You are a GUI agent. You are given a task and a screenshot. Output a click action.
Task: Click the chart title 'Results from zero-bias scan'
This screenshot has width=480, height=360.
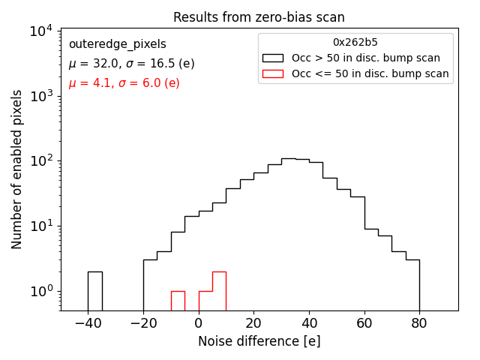tap(259, 17)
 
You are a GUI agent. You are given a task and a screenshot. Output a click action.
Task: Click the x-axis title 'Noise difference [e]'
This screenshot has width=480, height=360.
tap(259, 341)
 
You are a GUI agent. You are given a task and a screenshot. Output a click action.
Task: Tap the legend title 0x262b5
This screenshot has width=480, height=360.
tap(355, 43)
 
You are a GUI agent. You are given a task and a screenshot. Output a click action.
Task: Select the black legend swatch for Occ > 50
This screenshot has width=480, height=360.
tap(274, 58)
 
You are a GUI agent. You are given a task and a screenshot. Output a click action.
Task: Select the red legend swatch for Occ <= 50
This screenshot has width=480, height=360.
tap(274, 73)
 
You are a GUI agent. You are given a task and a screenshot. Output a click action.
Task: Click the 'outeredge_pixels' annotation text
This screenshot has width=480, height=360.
tap(117, 44)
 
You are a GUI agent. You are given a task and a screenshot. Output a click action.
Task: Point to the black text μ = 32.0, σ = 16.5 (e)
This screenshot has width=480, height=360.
tap(131, 64)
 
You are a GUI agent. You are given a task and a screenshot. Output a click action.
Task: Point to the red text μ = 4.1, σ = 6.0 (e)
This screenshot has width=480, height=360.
tap(124, 83)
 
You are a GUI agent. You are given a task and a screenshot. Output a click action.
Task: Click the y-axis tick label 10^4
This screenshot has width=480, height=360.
tap(39, 31)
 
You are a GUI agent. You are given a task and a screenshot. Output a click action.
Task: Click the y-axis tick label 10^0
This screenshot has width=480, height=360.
tap(39, 291)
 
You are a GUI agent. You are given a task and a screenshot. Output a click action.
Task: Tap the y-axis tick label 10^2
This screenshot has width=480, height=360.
tap(39, 161)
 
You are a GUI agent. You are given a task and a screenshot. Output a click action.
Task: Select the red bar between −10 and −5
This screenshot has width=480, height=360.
tap(178, 301)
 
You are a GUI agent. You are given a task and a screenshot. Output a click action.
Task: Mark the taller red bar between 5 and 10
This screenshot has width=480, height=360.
tap(219, 291)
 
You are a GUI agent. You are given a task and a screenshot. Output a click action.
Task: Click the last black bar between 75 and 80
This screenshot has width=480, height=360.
tap(412, 285)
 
